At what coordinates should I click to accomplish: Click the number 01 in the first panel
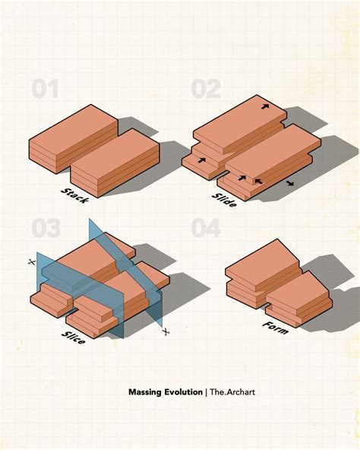(45, 90)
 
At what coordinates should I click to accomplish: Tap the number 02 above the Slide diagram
(205, 90)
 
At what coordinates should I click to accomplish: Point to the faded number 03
(46, 228)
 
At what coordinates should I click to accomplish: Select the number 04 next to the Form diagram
(205, 228)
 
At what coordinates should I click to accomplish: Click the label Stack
(74, 194)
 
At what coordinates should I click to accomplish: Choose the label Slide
(226, 195)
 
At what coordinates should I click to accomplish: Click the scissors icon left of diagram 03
(31, 262)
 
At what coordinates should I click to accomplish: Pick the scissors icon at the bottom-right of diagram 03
(166, 332)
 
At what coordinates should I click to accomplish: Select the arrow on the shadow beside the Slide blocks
(291, 183)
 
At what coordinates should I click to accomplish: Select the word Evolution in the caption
(182, 392)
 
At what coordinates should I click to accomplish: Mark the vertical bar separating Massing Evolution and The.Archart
(206, 392)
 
